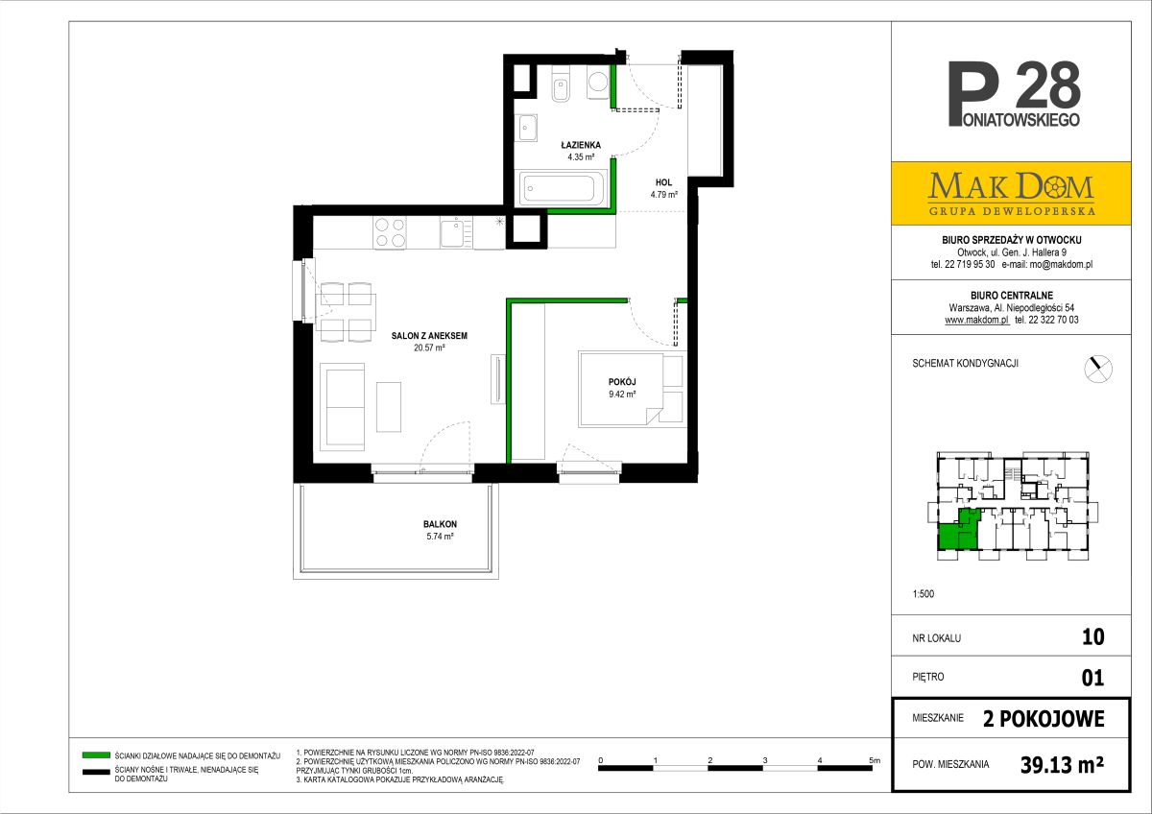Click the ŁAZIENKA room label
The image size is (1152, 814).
click(x=581, y=145)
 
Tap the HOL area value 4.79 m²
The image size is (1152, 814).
click(x=664, y=194)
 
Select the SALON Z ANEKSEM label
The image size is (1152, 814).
click(x=429, y=336)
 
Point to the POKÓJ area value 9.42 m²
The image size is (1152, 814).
click(x=622, y=394)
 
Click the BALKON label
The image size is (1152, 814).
click(x=441, y=524)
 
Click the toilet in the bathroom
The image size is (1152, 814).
click(x=561, y=84)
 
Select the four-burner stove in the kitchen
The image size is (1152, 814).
click(x=390, y=233)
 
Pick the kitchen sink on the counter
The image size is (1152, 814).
click(x=456, y=233)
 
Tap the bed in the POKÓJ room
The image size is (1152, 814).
click(x=621, y=390)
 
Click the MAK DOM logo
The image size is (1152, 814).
click(x=1011, y=193)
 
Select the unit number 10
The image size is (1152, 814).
click(x=1092, y=637)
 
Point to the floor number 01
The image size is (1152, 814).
click(x=1092, y=678)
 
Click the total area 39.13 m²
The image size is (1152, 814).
click(x=1062, y=765)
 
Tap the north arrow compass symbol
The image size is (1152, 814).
click(x=1098, y=369)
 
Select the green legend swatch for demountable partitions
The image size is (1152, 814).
click(x=96, y=754)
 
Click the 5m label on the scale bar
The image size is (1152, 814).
click(x=875, y=760)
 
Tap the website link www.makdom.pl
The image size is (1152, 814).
click(x=977, y=320)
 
